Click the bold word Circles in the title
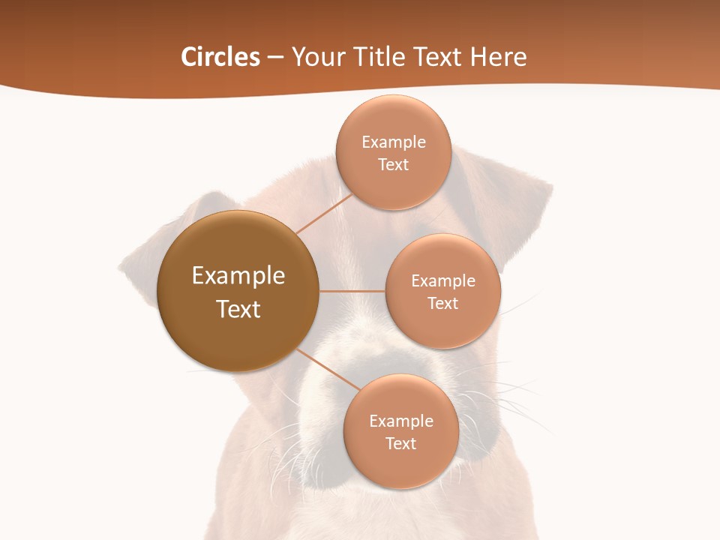pyautogui.click(x=220, y=57)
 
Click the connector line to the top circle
pyautogui.click(x=324, y=214)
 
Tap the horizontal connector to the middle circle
pyautogui.click(x=352, y=291)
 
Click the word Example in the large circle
pyautogui.click(x=238, y=276)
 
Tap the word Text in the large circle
pyautogui.click(x=238, y=309)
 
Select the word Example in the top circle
pyautogui.click(x=393, y=142)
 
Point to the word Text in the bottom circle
pyautogui.click(x=400, y=443)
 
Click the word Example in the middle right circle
pyautogui.click(x=443, y=281)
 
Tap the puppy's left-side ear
pyautogui.click(x=161, y=240)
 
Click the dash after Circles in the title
pyautogui.click(x=275, y=58)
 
